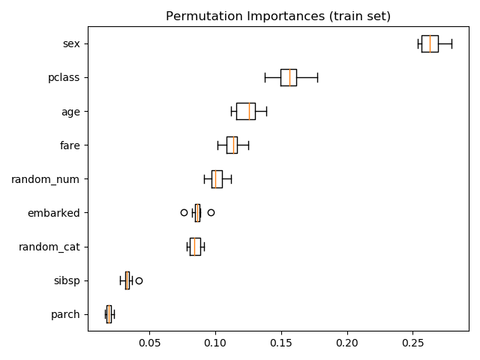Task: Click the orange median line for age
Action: point(249,112)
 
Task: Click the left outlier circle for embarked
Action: point(184,212)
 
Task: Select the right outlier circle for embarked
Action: point(211,212)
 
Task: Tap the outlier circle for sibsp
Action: point(139,280)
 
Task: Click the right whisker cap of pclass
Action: point(318,78)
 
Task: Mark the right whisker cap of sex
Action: point(451,43)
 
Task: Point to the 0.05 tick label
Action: point(149,343)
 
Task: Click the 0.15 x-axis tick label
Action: point(281,343)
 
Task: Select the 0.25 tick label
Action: point(413,343)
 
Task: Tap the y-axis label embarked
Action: point(53,213)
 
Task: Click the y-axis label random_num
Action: point(45,179)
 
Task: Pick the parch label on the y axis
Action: point(65,315)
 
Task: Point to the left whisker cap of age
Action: point(232,112)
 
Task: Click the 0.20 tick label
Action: point(347,343)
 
